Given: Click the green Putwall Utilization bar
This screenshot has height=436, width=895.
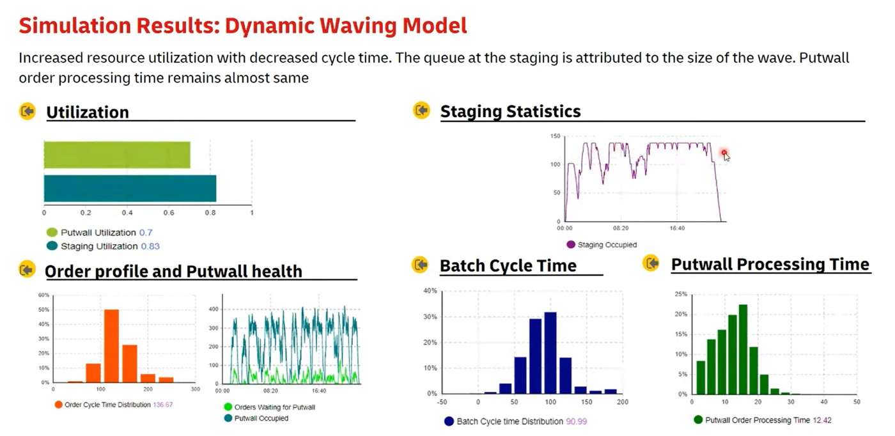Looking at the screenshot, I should (117, 155).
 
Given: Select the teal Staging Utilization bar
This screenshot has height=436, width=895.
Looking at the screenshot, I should (130, 189).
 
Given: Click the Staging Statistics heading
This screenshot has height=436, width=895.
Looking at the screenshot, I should (510, 111).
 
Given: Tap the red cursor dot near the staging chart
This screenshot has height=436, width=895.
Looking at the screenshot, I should (724, 153).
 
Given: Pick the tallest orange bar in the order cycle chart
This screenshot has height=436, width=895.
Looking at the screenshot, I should (111, 346).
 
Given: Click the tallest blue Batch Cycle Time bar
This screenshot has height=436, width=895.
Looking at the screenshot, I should (550, 352).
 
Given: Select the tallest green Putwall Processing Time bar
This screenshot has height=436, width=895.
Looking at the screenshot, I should (743, 348).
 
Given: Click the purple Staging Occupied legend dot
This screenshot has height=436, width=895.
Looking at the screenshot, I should (571, 244).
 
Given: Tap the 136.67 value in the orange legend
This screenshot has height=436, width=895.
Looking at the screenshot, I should (163, 405).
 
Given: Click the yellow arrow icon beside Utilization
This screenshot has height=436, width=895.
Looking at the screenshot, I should (27, 112).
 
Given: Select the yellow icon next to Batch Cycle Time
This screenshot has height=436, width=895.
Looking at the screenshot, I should (420, 264).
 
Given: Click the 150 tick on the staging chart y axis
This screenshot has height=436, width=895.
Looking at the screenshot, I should (555, 136).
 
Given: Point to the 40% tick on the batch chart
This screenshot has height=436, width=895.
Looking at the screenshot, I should (429, 291).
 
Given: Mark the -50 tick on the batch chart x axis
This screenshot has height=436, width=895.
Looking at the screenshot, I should (441, 402).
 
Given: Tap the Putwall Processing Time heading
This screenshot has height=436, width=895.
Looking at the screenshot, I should (770, 264).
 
